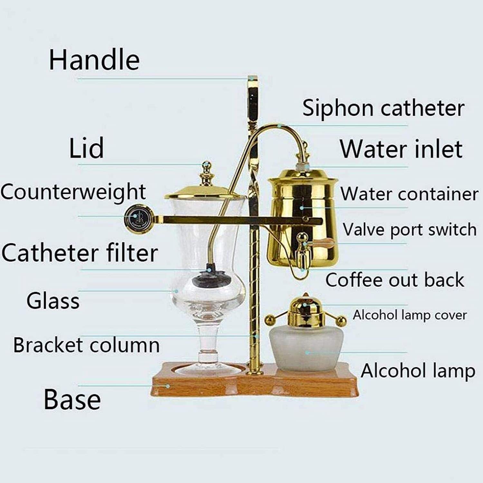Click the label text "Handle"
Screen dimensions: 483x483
tap(94, 60)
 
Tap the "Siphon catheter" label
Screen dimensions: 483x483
tap(384, 108)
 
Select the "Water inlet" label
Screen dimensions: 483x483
tap(401, 149)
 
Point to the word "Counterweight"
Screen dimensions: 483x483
tap(73, 192)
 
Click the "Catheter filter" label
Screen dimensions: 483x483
tap(80, 253)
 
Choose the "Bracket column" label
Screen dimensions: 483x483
tap(86, 345)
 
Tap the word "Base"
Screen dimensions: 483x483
tap(72, 399)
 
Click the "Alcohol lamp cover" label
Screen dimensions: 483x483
tap(410, 315)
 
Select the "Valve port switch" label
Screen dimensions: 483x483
tap(410, 230)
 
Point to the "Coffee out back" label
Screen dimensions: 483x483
tap(395, 279)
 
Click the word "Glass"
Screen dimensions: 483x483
tap(53, 301)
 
